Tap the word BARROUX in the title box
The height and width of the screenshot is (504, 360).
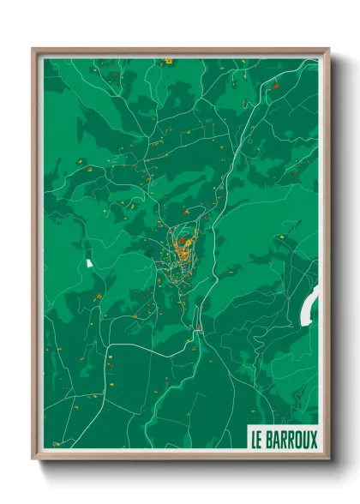point(291,440)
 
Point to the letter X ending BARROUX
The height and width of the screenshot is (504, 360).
point(313,440)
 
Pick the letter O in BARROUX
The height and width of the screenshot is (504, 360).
point(298,440)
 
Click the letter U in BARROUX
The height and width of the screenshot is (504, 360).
point(306,440)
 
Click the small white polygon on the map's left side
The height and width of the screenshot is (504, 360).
point(87,262)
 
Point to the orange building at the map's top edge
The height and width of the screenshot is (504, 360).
point(168,61)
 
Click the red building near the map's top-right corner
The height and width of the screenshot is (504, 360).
point(275,86)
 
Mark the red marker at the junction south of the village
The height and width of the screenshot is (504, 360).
point(199,328)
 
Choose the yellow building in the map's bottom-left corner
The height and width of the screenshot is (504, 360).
point(57,443)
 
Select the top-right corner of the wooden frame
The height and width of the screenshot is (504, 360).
point(327,50)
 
